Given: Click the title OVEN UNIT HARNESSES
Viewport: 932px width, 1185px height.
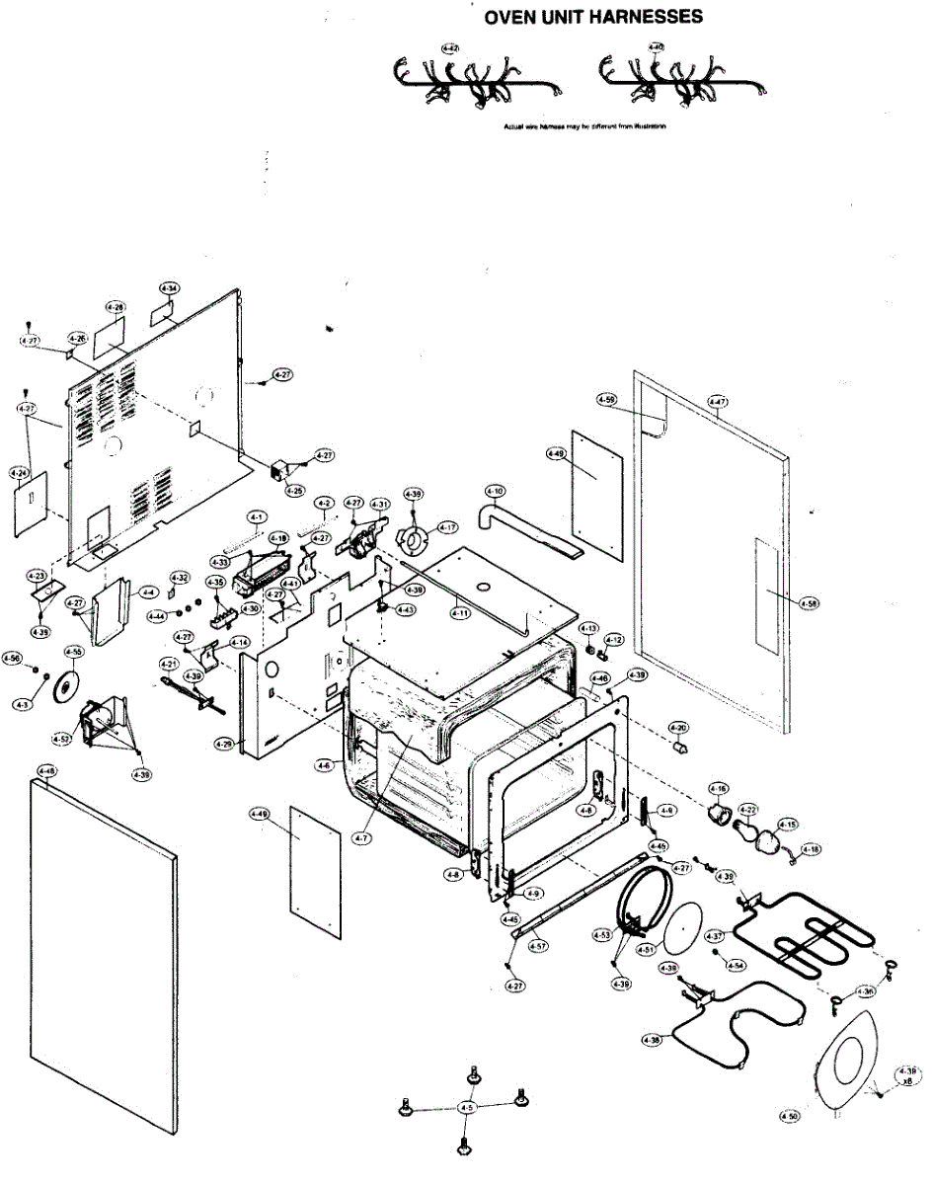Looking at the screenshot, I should click(593, 18).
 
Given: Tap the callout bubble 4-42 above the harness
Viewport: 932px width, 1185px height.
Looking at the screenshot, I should click(450, 47).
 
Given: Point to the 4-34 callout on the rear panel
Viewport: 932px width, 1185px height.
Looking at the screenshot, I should click(169, 289).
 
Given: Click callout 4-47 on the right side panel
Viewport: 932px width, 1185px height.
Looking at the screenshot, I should click(718, 402).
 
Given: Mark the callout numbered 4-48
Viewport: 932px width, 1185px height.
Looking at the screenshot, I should click(45, 770).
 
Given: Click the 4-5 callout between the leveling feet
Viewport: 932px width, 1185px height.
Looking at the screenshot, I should click(468, 1109).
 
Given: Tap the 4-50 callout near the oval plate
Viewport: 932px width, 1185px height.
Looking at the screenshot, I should click(789, 1115).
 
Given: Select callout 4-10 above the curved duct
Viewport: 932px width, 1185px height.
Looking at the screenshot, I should click(495, 491).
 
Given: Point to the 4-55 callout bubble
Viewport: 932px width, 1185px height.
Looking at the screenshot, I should click(73, 653).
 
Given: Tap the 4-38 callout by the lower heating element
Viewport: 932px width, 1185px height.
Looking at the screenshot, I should click(651, 1040).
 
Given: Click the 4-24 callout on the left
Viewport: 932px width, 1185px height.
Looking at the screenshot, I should click(19, 474).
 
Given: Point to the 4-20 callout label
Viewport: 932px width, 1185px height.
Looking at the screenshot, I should click(678, 728).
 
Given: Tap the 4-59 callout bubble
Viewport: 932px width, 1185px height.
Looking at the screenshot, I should click(605, 399).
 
